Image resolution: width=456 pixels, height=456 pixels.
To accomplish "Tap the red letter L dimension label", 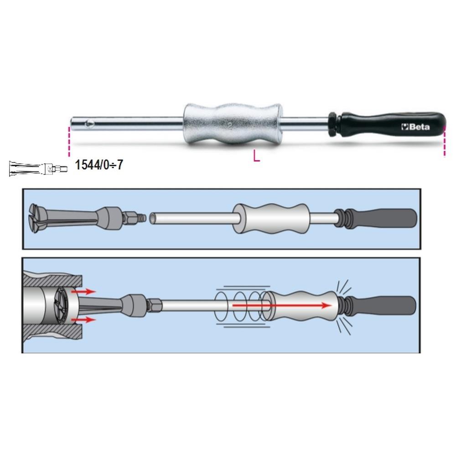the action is pyautogui.click(x=256, y=155).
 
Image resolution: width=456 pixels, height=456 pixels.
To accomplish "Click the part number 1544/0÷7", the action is pyautogui.click(x=99, y=165).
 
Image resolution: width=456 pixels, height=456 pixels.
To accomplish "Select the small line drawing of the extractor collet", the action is pyautogui.click(x=38, y=168).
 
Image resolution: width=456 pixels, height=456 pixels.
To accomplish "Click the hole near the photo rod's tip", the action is pyautogui.click(x=89, y=124).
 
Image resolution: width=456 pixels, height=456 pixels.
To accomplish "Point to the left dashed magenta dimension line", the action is pyautogui.click(x=69, y=142).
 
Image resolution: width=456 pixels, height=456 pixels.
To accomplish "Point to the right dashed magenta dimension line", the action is pyautogui.click(x=444, y=142).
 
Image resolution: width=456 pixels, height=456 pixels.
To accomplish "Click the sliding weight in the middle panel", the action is pyautogui.click(x=271, y=219).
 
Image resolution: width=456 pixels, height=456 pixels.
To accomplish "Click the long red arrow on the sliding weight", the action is pyautogui.click(x=282, y=305).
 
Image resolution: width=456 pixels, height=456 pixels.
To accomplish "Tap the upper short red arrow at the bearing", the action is pyautogui.click(x=83, y=291).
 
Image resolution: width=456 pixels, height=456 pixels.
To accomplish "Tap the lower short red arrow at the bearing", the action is pyautogui.click(x=83, y=320).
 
